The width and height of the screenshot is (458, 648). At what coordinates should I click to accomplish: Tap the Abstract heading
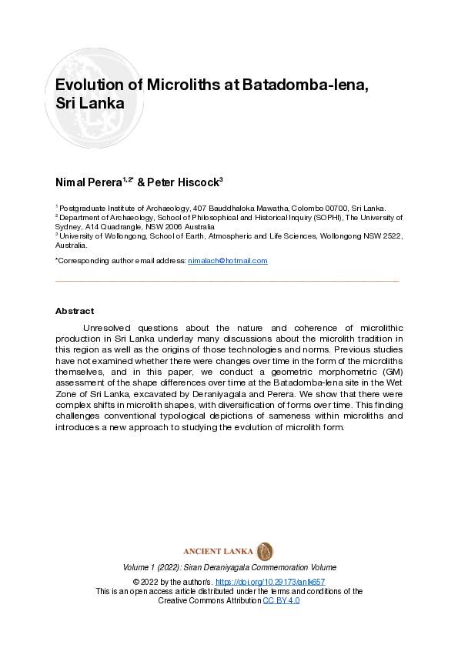click(x=75, y=311)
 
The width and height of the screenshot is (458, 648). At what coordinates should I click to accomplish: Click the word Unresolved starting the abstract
click(x=111, y=328)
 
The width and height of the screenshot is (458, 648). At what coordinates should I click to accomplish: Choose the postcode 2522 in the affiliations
click(x=394, y=236)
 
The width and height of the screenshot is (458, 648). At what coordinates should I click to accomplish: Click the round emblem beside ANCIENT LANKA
click(x=265, y=551)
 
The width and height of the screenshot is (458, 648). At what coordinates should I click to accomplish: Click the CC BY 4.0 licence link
click(x=281, y=600)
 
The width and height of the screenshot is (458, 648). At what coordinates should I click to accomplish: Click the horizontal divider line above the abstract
click(x=228, y=281)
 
